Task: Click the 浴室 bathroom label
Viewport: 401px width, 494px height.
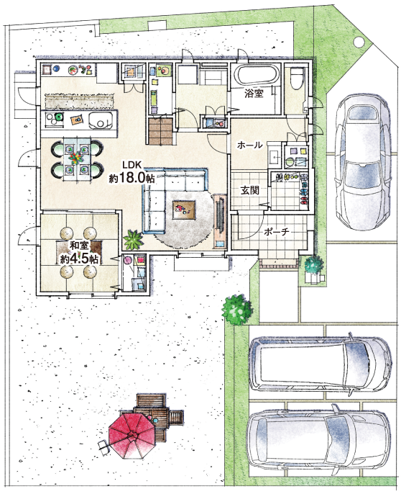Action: (x=254, y=94)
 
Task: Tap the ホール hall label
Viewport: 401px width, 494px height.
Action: (x=249, y=145)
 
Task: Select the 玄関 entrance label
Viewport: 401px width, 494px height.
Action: (x=250, y=190)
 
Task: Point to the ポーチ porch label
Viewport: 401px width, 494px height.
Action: (x=277, y=232)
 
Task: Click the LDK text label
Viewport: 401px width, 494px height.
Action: (x=133, y=165)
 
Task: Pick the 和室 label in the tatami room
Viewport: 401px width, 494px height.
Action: (x=80, y=245)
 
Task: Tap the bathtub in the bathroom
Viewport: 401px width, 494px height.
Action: (x=257, y=76)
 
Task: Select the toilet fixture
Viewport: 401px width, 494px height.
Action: (x=296, y=78)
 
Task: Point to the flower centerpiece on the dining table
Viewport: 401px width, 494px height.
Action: (x=75, y=157)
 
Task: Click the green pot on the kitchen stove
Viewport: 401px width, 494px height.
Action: (x=58, y=117)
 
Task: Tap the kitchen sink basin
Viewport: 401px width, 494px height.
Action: (x=101, y=121)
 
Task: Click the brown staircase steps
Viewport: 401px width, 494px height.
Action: (x=161, y=131)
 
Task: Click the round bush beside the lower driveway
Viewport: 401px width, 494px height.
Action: (x=237, y=310)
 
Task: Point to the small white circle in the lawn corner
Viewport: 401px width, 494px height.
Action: (x=358, y=41)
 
